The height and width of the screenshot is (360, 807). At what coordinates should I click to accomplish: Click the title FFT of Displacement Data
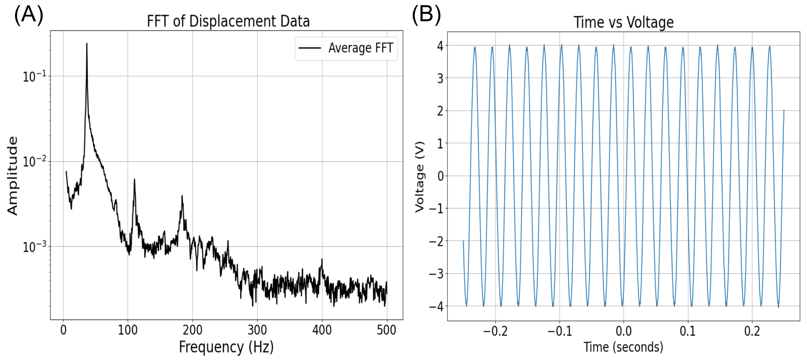[x=228, y=21]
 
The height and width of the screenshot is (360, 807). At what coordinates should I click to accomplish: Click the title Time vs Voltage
[x=624, y=22]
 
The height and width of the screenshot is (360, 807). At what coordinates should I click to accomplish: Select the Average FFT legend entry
[x=346, y=48]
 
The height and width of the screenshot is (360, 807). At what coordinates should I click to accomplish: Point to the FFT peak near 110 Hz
[x=134, y=180]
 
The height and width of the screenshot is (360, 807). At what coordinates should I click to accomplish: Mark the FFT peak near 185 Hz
[x=182, y=196]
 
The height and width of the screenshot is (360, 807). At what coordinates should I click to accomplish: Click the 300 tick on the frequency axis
[x=257, y=330]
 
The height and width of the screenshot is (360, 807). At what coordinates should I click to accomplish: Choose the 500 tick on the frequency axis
[x=387, y=330]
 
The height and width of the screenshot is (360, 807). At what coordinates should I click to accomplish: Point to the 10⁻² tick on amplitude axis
[x=34, y=162]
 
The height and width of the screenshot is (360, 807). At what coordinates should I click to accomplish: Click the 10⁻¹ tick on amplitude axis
[x=34, y=76]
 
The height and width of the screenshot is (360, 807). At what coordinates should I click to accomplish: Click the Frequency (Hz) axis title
[x=226, y=347]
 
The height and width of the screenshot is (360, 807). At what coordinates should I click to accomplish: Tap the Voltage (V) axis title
[x=420, y=177]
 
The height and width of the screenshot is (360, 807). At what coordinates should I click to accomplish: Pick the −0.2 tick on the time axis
[x=495, y=331]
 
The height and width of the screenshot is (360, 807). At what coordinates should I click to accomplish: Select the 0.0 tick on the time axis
[x=624, y=331]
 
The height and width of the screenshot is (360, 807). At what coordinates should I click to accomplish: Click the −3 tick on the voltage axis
[x=436, y=274]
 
